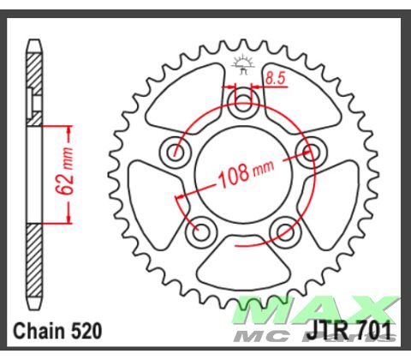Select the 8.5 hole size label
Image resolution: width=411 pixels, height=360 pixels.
(x=274, y=78)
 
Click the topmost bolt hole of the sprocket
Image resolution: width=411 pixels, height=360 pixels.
(x=244, y=106)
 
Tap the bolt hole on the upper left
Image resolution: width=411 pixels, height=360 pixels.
(x=177, y=154)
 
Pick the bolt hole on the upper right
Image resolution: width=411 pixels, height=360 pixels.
(x=309, y=153)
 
